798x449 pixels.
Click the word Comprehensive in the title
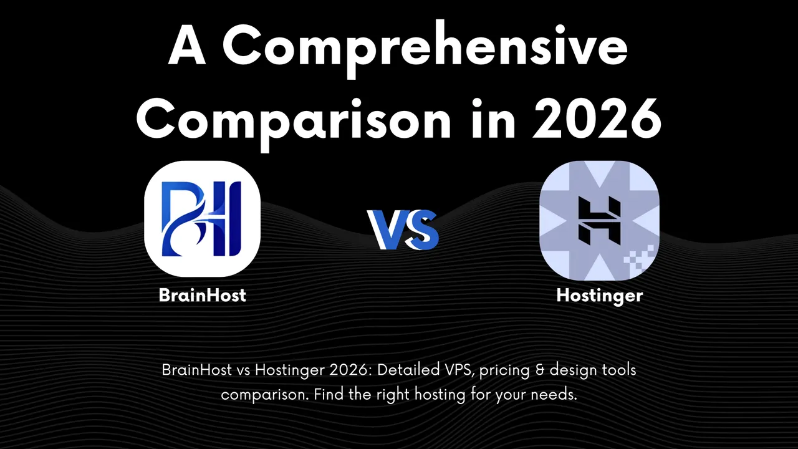tap(425, 49)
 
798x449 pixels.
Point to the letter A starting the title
tap(186, 49)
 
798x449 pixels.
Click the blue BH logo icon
tap(202, 219)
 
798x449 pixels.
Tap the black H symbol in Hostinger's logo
tap(598, 220)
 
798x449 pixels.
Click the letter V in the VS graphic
tap(387, 229)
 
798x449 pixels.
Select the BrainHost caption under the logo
tap(202, 295)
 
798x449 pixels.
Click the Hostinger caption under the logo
tap(599, 296)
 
